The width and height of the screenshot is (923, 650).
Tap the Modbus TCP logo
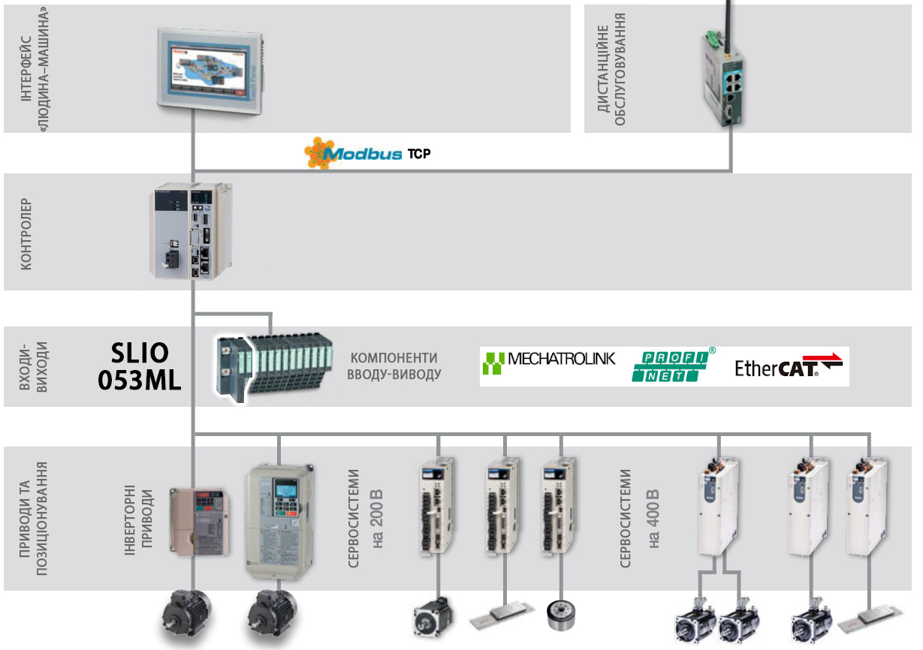368,153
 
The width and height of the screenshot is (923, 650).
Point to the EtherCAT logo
788,367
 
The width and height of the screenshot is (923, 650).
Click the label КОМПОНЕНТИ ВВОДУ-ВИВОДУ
394,366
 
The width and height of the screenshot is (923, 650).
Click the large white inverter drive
279,519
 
